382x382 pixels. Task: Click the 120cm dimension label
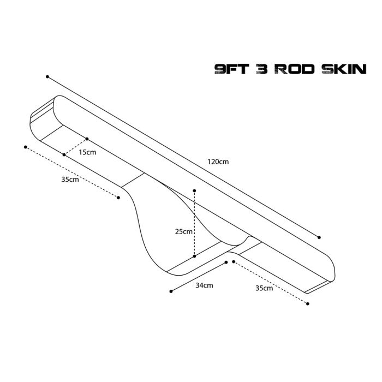[218, 162]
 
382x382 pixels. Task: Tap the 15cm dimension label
[87, 152]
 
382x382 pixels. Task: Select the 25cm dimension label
[184, 231]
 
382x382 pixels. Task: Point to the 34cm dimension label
[204, 285]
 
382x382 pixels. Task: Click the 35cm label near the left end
[70, 180]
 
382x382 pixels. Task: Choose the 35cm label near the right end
[264, 288]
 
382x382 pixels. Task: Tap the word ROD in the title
[295, 69]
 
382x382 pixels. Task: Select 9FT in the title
[231, 69]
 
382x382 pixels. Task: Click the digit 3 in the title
[262, 69]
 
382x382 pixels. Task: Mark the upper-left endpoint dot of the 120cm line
[47, 77]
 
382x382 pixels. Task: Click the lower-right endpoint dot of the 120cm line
[319, 237]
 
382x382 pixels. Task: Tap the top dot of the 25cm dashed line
[194, 190]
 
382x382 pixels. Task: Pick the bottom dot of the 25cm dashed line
[194, 256]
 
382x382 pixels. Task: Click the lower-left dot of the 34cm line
[171, 291]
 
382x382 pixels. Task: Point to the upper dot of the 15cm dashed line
[87, 139]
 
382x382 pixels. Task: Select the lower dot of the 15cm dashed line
[64, 154]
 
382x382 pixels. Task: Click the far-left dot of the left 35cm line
[26, 147]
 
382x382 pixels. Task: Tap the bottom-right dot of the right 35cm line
[308, 304]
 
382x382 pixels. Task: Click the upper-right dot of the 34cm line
[226, 262]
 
